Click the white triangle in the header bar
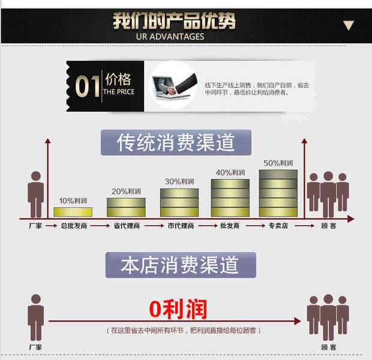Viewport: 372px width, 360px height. coord(349,26)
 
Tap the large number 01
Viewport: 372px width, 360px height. coord(87,86)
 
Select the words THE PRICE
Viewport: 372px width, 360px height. coord(119,92)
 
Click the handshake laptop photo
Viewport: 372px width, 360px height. coord(173,86)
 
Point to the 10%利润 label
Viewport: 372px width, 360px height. coord(73,200)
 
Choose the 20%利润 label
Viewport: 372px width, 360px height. coord(126,191)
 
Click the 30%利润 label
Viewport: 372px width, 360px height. coord(179,181)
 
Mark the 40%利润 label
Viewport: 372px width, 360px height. coord(230,172)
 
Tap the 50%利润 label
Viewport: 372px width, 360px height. coord(278,163)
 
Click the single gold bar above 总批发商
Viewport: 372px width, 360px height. coord(73,212)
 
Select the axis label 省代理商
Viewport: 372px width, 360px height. coord(126,226)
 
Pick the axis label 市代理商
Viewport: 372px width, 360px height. coord(179,226)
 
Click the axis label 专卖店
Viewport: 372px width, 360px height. coord(278,226)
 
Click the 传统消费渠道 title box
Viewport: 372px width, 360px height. coord(176,143)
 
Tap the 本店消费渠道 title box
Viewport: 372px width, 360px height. coord(180,265)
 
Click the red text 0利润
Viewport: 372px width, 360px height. coord(178,309)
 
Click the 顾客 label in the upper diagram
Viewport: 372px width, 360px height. coord(328,226)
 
